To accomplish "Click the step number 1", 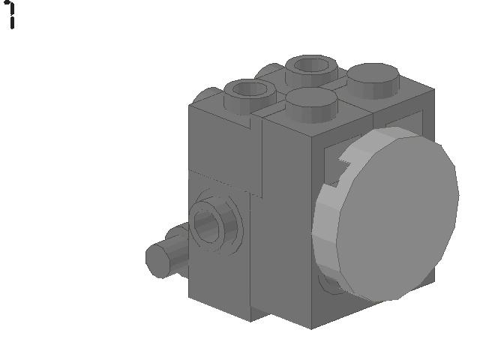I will tap(11, 14).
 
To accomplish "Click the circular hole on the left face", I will tap(209, 223).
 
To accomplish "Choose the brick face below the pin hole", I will tap(221, 285).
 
